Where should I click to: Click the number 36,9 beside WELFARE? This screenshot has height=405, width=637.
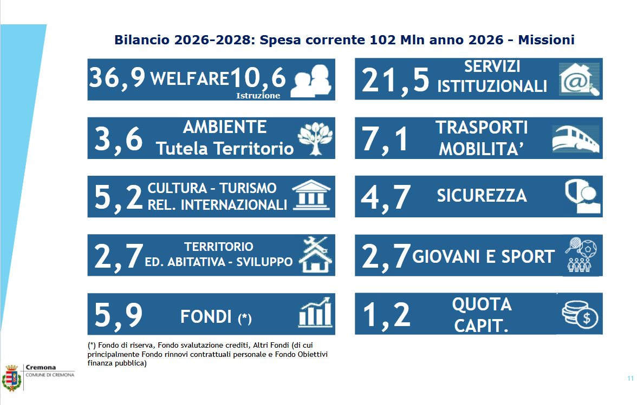[x=118, y=78]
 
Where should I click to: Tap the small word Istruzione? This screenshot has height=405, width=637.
[x=258, y=96]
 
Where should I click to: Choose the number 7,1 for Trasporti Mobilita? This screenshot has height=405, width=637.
[x=385, y=139]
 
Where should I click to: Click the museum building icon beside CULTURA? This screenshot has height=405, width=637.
[x=311, y=196]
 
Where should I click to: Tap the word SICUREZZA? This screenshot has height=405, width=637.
[x=482, y=195]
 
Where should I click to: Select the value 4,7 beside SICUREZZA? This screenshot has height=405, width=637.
[x=386, y=197]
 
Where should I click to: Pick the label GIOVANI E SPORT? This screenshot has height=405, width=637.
[x=483, y=256]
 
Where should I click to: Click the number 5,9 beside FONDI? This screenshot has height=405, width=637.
[x=119, y=315]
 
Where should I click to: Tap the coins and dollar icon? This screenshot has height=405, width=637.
[x=579, y=315]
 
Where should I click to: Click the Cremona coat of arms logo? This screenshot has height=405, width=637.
[x=11, y=377]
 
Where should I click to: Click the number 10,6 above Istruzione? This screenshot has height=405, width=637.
[x=258, y=78]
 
